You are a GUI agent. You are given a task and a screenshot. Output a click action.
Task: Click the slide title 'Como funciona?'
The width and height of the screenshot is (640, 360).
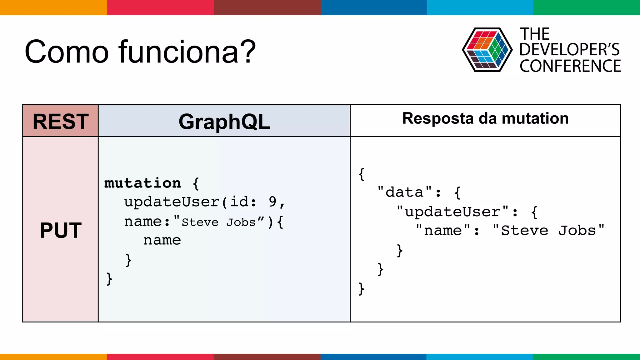(x=140, y=52)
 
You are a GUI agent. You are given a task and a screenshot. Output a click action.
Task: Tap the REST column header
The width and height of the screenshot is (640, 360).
(x=61, y=121)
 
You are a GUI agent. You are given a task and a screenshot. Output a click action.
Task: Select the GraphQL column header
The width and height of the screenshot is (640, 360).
(x=224, y=121)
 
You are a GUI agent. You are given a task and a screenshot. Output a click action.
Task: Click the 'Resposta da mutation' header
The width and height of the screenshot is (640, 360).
(x=485, y=119)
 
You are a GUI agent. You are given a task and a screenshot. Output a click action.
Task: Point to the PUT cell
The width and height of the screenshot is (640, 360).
(x=61, y=231)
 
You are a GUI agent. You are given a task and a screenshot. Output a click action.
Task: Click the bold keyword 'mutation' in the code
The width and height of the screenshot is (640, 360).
(x=142, y=183)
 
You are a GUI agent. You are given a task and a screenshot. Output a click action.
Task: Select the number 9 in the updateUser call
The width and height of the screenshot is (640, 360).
(x=272, y=202)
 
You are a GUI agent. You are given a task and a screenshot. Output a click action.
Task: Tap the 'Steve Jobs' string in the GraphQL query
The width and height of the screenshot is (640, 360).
(x=219, y=222)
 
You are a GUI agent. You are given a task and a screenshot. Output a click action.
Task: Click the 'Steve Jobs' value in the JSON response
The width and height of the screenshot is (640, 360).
(x=548, y=231)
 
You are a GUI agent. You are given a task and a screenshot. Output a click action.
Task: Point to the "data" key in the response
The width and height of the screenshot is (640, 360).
(x=404, y=192)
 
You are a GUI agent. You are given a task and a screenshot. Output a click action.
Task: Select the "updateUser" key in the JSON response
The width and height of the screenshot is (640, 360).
(x=452, y=212)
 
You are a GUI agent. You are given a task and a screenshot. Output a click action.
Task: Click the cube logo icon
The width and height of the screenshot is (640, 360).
(x=487, y=50)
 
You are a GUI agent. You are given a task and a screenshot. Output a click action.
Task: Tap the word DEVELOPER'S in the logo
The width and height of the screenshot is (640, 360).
(x=569, y=50)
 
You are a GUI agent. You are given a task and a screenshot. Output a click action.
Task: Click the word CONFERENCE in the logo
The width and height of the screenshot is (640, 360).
(x=570, y=66)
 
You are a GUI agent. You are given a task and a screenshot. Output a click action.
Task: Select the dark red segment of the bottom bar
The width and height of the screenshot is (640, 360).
(x=267, y=357)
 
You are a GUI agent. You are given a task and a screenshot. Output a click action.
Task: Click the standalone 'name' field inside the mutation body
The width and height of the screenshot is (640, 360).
(x=162, y=240)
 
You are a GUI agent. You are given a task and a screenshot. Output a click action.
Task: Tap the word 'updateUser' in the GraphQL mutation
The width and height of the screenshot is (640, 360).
(x=172, y=202)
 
